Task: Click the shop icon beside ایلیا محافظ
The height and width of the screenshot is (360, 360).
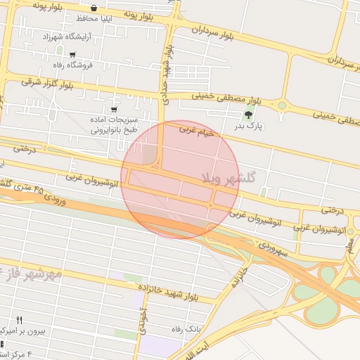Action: pos(94,8)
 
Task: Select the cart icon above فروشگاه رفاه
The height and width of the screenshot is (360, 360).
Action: pos(72,54)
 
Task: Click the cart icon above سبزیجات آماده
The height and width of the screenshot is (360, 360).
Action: pos(115,110)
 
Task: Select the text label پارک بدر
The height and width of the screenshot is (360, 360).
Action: pos(247,127)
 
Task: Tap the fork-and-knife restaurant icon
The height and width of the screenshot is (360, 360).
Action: pos(19,320)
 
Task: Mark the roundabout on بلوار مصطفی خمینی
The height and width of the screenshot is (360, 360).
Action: pos(282,106)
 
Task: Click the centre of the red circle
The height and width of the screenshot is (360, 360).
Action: pos(180,180)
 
